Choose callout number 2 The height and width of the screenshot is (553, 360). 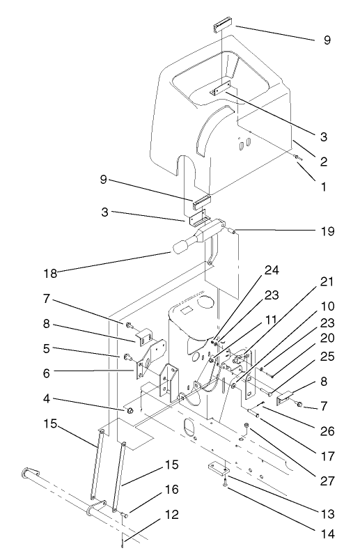[324, 161]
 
